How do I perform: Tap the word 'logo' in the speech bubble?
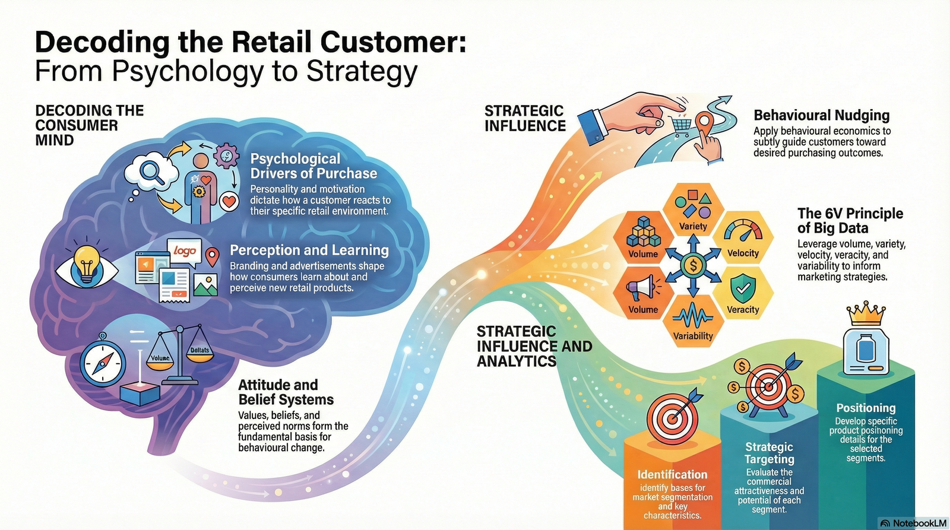coord(185,250)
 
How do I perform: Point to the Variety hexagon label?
coord(693,226)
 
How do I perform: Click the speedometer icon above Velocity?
coord(743,233)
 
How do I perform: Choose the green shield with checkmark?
coord(742,288)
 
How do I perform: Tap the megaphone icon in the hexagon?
coord(642,288)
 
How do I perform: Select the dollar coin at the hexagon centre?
coord(693,265)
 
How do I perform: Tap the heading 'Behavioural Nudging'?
coord(821,115)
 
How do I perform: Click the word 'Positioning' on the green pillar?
coord(866,408)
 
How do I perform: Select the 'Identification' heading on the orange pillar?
coord(672,474)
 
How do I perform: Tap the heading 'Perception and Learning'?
coord(309,250)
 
